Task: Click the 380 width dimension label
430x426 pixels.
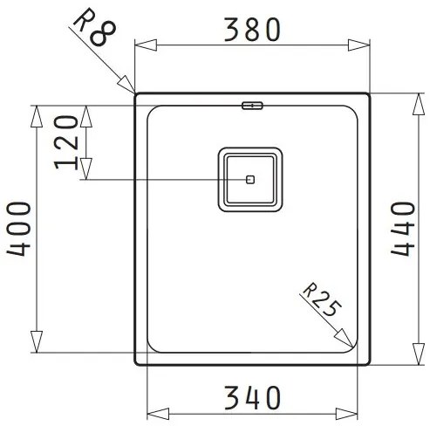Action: pos(252,30)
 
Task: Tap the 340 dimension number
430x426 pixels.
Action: pos(252,397)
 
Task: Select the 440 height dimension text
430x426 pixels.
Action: pos(403,229)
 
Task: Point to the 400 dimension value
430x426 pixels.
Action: pos(18,229)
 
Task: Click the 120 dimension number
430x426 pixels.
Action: pos(66,142)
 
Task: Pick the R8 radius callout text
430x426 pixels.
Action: pos(95,27)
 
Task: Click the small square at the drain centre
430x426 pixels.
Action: pos(250,180)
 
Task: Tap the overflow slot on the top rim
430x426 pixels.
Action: pos(252,105)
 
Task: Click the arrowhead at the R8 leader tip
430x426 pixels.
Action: pos(126,84)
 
